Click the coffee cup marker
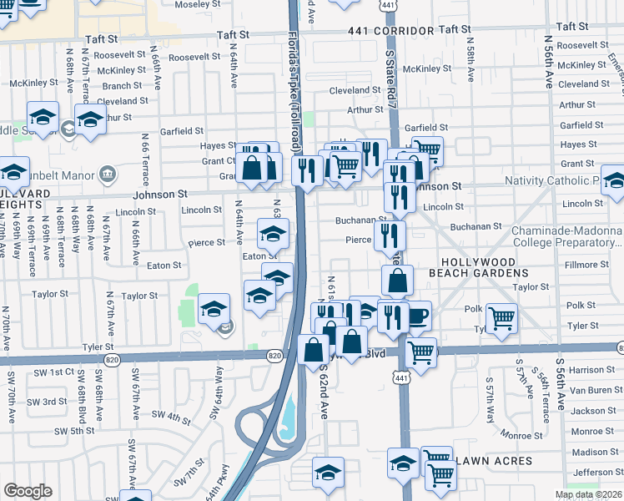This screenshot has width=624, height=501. (x=417, y=316)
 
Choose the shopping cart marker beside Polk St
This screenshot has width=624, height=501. (x=501, y=317)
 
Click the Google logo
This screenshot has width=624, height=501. (x=28, y=491)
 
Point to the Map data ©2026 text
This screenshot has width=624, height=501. (x=588, y=494)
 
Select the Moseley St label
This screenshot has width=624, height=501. (x=197, y=4)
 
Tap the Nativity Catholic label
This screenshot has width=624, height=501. (x=554, y=181)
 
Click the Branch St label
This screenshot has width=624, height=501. (x=122, y=86)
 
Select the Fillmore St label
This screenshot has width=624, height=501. (x=581, y=265)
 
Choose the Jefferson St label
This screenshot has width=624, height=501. (x=596, y=473)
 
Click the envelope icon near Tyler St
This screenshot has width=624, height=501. (x=224, y=328)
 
